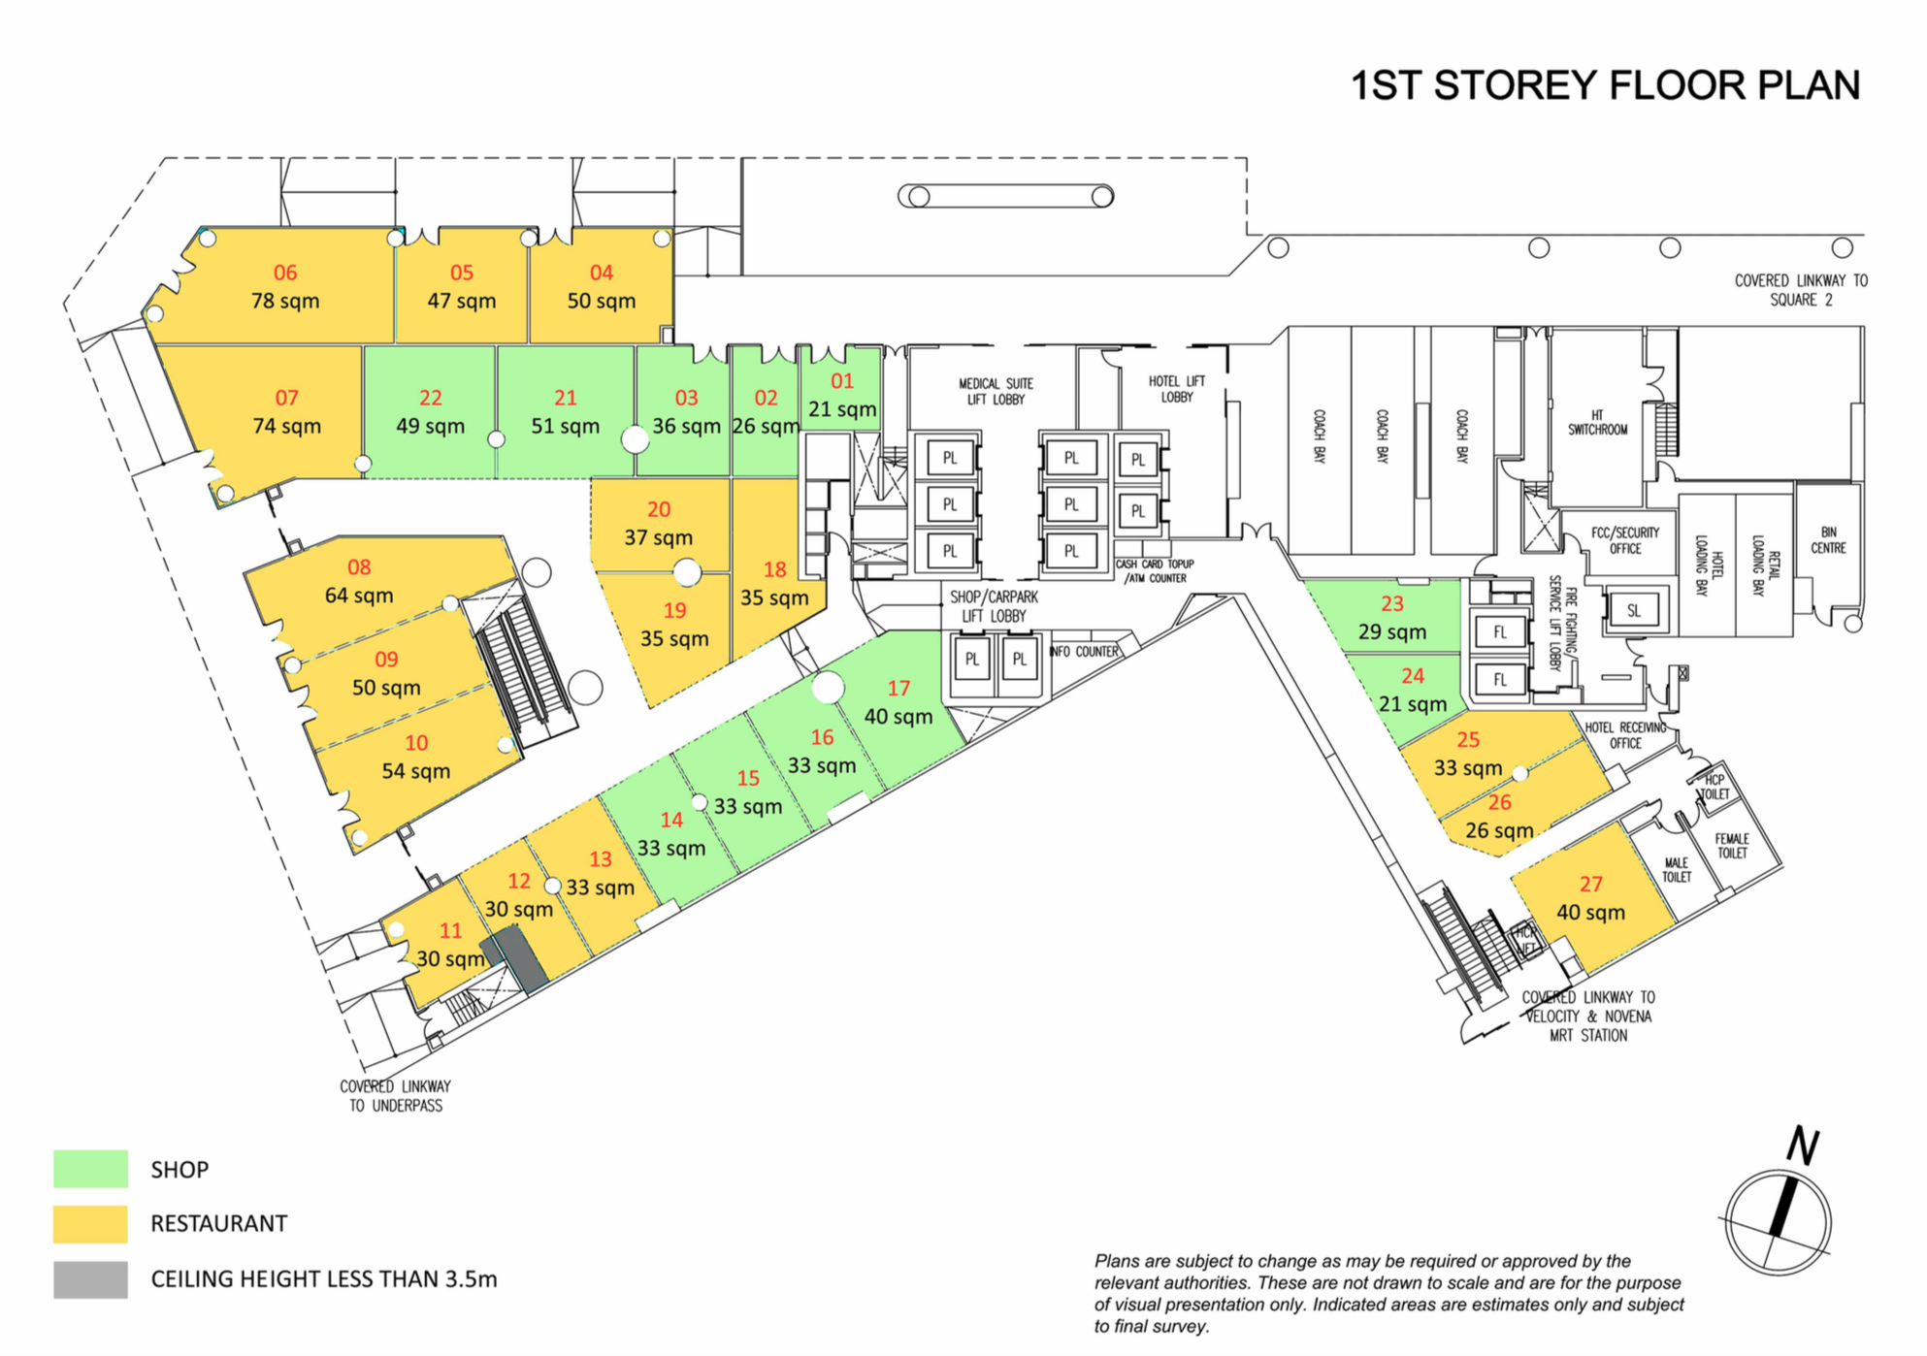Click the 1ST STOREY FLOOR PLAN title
click(1606, 85)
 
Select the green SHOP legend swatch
click(90, 1169)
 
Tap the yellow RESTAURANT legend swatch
click(90, 1224)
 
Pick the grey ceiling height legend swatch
click(90, 1279)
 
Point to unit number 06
click(285, 273)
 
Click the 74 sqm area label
click(287, 426)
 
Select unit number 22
click(431, 398)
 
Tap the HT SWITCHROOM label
click(1598, 422)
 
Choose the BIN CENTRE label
click(1829, 539)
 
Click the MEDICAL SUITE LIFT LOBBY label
click(996, 391)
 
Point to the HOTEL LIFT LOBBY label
click(1177, 389)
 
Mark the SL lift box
click(1634, 610)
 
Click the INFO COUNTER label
click(1084, 652)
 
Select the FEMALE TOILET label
click(1732, 846)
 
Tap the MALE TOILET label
click(1677, 870)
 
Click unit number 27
click(1591, 884)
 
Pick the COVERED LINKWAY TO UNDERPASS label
click(396, 1096)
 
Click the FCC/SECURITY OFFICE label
click(1625, 540)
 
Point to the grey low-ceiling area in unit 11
click(514, 958)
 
